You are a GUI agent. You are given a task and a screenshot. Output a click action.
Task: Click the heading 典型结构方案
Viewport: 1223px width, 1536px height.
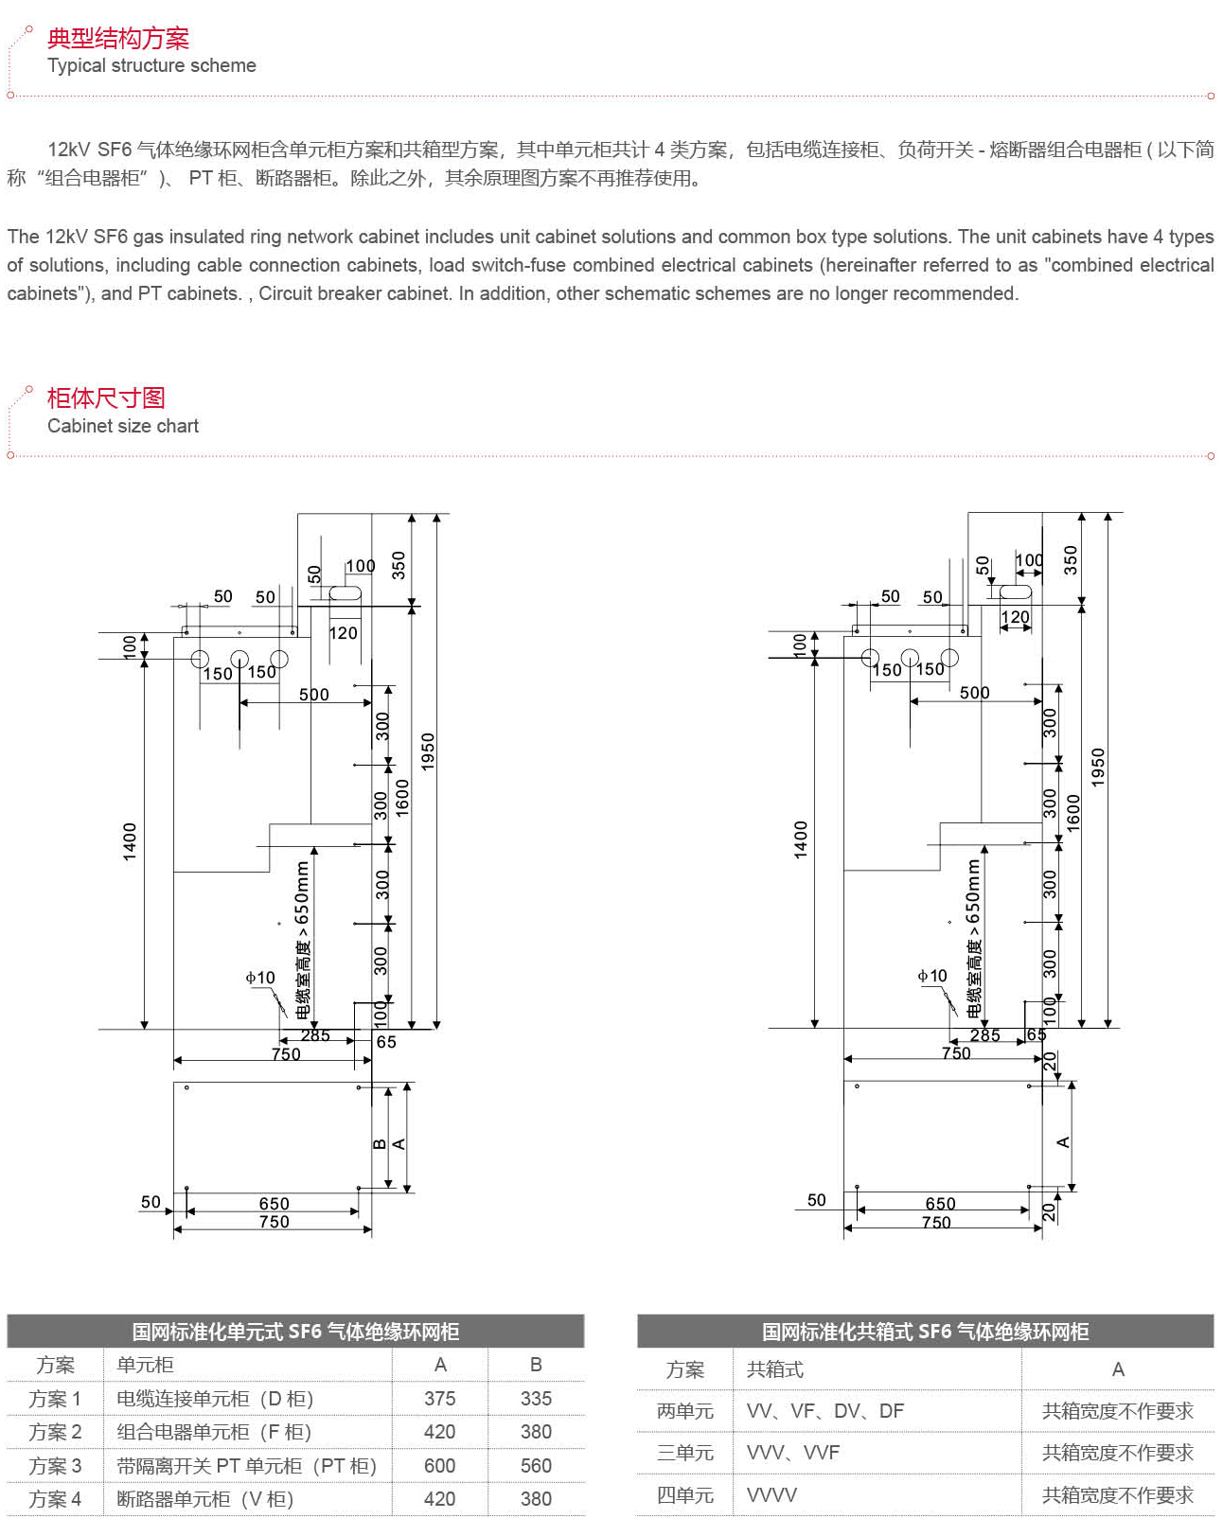coord(118,39)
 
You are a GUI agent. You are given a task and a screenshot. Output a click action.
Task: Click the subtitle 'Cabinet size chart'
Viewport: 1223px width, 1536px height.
coord(123,426)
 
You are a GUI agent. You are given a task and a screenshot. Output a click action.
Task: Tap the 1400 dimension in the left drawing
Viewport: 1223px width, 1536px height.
coord(130,841)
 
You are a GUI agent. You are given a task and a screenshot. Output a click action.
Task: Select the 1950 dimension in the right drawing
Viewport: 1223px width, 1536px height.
coord(1098,767)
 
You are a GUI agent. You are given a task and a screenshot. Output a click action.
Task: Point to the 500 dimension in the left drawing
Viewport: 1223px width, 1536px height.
coord(313,695)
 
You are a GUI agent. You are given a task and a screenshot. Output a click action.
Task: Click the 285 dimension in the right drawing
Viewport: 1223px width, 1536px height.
coord(984,1035)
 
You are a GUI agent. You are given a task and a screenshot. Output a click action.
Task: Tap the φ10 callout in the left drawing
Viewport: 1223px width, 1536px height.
coord(259,978)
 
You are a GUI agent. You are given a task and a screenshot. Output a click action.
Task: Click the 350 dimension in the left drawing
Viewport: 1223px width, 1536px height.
coord(399,565)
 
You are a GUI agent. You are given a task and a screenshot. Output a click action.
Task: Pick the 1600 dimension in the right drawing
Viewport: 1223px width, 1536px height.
coord(1073,812)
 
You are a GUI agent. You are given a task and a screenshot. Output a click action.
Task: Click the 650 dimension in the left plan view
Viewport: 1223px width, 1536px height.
coord(274,1204)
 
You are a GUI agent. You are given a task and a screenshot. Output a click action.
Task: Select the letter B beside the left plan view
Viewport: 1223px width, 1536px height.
coord(380,1144)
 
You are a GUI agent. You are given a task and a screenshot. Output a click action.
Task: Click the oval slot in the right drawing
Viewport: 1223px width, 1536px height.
coord(1016,591)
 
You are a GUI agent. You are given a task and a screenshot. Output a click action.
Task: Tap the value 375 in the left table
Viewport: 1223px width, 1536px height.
coord(440,1399)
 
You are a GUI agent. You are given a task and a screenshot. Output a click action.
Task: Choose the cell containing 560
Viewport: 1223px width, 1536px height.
coord(536,1466)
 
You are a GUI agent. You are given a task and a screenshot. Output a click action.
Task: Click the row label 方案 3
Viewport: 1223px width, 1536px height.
coord(55,1466)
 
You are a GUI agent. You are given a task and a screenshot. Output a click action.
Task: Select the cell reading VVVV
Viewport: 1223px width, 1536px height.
coord(771,1495)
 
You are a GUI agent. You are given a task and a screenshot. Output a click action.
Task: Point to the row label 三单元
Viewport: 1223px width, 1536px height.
coord(685,1453)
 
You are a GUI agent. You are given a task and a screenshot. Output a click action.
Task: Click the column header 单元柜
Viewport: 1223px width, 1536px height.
coord(145,1365)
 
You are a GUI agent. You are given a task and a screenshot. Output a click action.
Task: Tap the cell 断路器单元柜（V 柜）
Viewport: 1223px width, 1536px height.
coord(205,1499)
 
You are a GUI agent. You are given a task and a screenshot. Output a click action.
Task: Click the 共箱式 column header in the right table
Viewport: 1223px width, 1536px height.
coord(774,1369)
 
